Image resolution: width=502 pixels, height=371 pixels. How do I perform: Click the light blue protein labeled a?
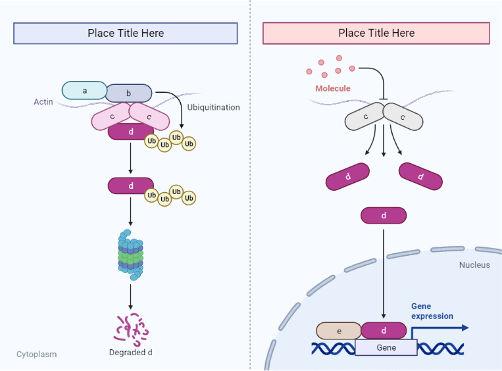point(84,90)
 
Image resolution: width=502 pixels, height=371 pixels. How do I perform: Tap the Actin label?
point(43,102)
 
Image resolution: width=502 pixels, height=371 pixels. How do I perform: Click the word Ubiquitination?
point(213,107)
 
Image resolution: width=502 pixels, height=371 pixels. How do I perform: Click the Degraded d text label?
point(131,353)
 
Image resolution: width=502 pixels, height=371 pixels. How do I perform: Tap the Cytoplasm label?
point(36,354)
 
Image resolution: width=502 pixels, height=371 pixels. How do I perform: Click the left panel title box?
point(126,34)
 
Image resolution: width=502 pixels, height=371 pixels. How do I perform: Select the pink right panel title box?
point(376,34)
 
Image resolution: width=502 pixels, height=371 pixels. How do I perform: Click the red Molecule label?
point(332,88)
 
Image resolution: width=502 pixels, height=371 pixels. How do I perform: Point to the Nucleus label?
point(474,265)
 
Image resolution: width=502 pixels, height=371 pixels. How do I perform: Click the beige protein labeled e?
point(339,331)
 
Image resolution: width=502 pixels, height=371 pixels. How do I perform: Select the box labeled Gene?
point(386,347)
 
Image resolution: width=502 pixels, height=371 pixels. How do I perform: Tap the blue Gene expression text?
point(432,311)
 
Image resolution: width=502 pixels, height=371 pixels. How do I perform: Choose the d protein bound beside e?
point(384,331)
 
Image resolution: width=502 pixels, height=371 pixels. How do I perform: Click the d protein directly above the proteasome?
point(131,186)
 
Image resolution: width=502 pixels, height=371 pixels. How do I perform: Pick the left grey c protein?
point(366,118)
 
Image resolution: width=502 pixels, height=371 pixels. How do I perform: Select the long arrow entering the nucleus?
point(384,270)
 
